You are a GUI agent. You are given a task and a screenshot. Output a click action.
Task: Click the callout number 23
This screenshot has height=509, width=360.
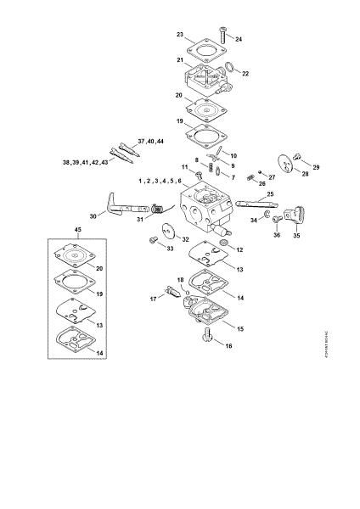point(180,35)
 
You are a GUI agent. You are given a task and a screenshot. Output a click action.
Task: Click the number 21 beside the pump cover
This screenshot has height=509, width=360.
point(180,60)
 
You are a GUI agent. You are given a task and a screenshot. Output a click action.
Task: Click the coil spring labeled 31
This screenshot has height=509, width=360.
point(157,218)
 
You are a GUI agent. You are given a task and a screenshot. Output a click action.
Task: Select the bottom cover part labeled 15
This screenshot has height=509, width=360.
point(205,318)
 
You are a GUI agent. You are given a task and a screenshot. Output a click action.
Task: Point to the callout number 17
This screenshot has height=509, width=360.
point(155,299)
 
